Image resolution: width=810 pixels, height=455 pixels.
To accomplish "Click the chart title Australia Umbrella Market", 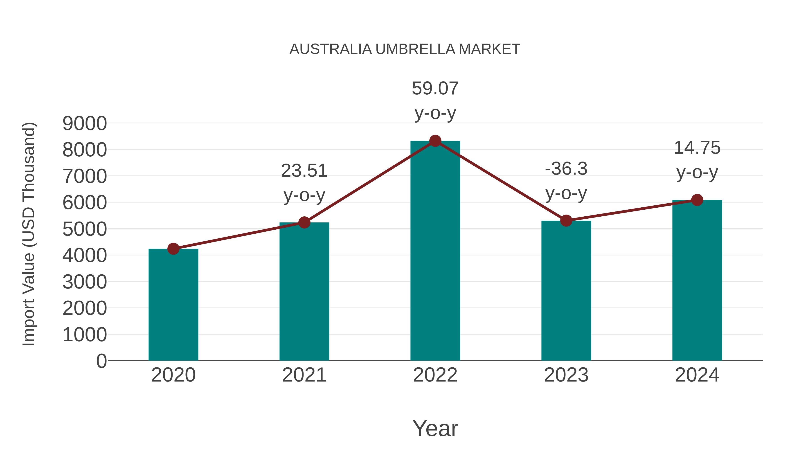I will [x=405, y=49].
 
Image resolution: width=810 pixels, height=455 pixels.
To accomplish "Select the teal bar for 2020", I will [x=173, y=305].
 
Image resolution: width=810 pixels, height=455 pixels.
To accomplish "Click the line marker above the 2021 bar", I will [x=304, y=222].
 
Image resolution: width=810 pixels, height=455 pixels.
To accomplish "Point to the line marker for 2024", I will [x=697, y=200].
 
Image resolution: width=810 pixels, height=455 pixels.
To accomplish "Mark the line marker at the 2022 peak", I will [x=435, y=141].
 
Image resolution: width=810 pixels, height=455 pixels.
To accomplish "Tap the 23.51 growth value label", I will [x=304, y=171].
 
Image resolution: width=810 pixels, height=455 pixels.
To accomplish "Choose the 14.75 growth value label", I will [x=697, y=148].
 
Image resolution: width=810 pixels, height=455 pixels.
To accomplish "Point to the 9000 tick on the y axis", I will [x=85, y=123].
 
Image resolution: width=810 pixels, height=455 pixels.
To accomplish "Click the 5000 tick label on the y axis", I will [x=85, y=229].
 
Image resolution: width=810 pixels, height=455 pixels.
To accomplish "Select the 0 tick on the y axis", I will [x=101, y=361].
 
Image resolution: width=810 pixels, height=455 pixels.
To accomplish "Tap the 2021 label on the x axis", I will [x=304, y=375].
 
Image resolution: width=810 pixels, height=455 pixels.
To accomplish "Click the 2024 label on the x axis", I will [x=697, y=375].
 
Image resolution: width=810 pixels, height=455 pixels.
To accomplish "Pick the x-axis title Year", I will [x=435, y=428].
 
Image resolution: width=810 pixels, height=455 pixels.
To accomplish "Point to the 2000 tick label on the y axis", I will [x=85, y=308].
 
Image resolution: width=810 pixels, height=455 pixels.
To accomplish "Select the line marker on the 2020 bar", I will [x=173, y=249].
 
